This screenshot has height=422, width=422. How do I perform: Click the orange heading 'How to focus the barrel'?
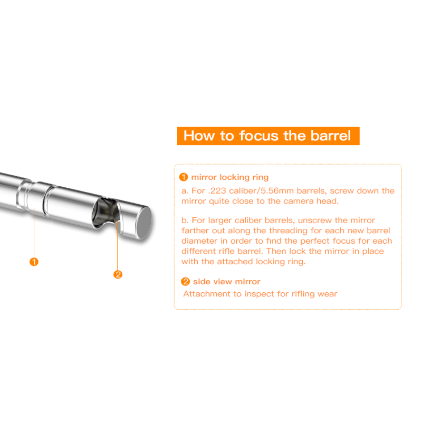click(x=268, y=136)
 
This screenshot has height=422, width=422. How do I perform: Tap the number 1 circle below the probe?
click(x=34, y=262)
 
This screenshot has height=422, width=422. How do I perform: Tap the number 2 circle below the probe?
click(x=118, y=274)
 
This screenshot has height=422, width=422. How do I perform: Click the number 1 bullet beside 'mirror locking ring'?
click(x=184, y=177)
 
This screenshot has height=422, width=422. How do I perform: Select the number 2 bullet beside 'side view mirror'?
click(x=185, y=282)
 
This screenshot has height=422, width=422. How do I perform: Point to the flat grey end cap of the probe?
click(x=144, y=222)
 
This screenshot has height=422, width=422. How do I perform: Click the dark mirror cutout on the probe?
click(x=105, y=212)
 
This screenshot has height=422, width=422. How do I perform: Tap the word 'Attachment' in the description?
click(x=207, y=294)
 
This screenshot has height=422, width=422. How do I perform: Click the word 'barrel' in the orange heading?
click(x=331, y=136)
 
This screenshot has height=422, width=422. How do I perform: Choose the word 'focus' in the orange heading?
click(x=259, y=136)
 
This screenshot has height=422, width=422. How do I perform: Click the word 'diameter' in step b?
click(x=199, y=241)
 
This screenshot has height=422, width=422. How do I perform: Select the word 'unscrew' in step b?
click(x=314, y=220)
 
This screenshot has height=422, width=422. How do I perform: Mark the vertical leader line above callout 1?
click(x=34, y=232)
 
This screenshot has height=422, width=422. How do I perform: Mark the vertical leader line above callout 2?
click(x=118, y=245)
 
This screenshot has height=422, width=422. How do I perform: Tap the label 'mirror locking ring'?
click(x=230, y=177)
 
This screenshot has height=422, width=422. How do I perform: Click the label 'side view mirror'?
click(x=227, y=282)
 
